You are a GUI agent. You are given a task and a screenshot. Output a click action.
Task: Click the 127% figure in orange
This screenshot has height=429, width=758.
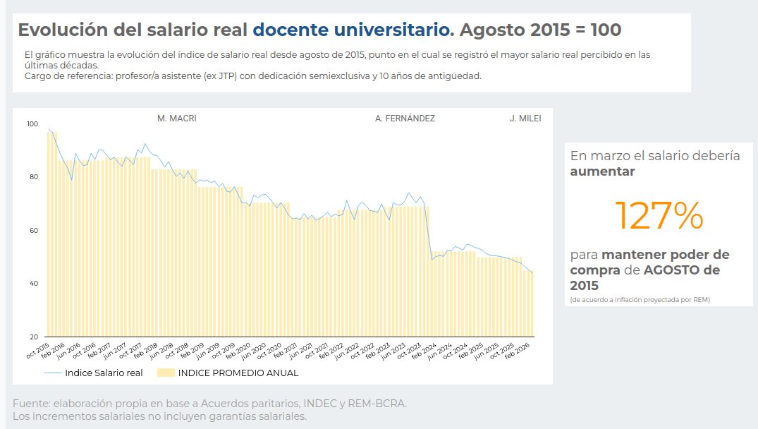tap(659, 216)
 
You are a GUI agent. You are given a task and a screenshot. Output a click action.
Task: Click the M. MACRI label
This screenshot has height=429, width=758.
tap(176, 119)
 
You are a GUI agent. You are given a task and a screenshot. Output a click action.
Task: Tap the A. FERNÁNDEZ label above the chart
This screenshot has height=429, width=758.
tap(405, 119)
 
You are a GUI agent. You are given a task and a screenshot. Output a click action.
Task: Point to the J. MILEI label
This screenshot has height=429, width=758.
tap(525, 119)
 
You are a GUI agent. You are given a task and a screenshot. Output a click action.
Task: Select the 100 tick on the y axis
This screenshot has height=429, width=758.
tap(32, 124)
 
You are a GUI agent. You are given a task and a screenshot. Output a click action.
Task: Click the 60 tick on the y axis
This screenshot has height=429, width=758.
tap(32, 231)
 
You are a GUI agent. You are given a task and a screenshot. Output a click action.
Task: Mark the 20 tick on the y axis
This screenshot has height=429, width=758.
tap(32, 337)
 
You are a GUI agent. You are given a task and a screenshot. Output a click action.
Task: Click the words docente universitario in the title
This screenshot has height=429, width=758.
tap(350, 30)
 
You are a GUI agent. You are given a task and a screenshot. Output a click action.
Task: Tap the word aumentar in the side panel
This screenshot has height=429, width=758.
tap(602, 171)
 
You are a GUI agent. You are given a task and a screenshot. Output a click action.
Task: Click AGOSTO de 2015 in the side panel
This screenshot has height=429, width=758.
tap(645, 278)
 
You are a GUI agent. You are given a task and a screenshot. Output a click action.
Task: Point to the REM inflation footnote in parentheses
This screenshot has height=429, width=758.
tap(640, 300)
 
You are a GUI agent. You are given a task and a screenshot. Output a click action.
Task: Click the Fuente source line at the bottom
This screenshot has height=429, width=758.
tap(209, 404)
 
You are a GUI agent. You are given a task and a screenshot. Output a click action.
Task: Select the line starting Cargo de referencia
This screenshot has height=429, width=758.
tap(252, 75)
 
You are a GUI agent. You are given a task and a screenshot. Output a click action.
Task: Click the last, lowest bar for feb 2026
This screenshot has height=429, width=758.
tap(531, 303)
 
